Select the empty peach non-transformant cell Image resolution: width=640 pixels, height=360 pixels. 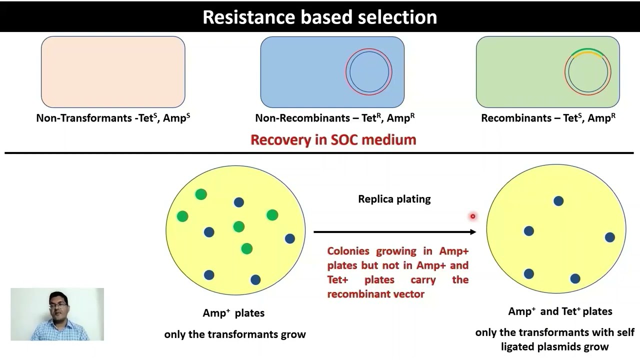click(113, 72)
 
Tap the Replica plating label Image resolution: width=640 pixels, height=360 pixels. click(394, 199)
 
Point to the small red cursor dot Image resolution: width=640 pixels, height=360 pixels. click(472, 216)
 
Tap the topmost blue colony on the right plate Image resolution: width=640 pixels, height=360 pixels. click(558, 201)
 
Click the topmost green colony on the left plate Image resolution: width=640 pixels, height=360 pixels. click(201, 194)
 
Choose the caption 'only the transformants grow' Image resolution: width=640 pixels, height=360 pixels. click(235, 334)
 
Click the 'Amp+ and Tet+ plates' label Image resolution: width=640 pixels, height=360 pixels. click(560, 311)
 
